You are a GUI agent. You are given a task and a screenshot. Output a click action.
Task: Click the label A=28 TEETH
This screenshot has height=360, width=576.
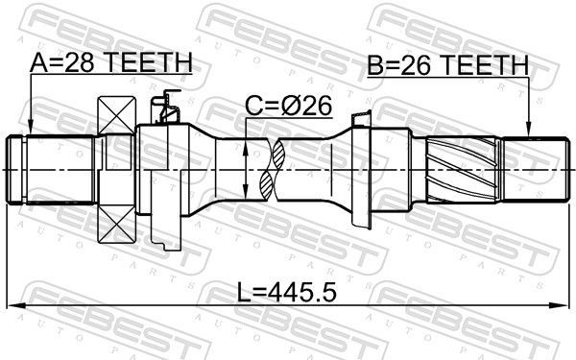(x=111, y=62)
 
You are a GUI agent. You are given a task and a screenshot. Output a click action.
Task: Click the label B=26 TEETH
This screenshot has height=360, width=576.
(x=448, y=65)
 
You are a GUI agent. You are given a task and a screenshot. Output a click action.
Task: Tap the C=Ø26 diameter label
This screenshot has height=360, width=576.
(x=288, y=107)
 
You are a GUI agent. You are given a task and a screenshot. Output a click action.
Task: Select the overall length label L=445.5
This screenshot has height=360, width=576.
(x=286, y=292)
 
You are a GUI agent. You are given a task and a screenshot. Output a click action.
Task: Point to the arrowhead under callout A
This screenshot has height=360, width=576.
(x=31, y=129)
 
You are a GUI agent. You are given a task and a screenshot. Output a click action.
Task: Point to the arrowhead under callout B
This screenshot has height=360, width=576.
(x=528, y=130)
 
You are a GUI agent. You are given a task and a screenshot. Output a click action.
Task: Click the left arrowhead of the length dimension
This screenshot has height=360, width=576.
(x=15, y=305)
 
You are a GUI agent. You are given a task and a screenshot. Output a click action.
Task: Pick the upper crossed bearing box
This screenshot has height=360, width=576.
(x=116, y=114)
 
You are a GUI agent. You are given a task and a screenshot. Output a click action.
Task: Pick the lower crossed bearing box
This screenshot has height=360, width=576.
(x=116, y=224)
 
